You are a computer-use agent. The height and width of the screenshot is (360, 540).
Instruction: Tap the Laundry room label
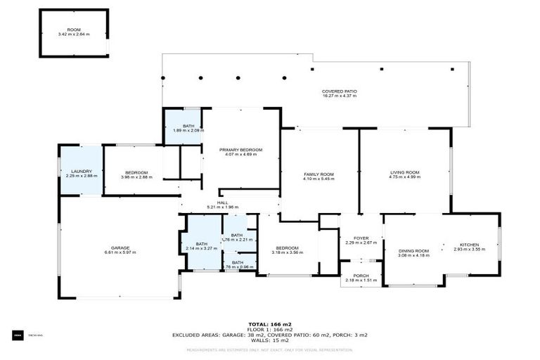pos(81,171)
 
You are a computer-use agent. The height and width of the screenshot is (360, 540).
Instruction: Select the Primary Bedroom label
pos(240,150)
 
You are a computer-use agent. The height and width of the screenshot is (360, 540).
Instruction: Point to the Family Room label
pos(319,174)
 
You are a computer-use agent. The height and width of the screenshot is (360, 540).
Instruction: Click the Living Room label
pos(404,172)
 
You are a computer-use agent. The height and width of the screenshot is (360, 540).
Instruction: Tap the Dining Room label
pos(413,251)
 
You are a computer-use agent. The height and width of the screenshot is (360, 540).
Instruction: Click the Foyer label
pos(361,238)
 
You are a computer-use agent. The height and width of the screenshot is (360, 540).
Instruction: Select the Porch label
pos(361,276)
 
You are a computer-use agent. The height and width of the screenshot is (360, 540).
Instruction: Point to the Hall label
pos(222,202)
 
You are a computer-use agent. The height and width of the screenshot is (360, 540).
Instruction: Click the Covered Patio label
pos(339,91)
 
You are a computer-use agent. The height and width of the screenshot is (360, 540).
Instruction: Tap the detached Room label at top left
pos(74,30)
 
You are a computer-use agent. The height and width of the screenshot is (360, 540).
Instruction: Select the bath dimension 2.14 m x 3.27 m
pos(201,248)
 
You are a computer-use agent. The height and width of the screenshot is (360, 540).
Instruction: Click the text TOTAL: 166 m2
pos(270,324)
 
